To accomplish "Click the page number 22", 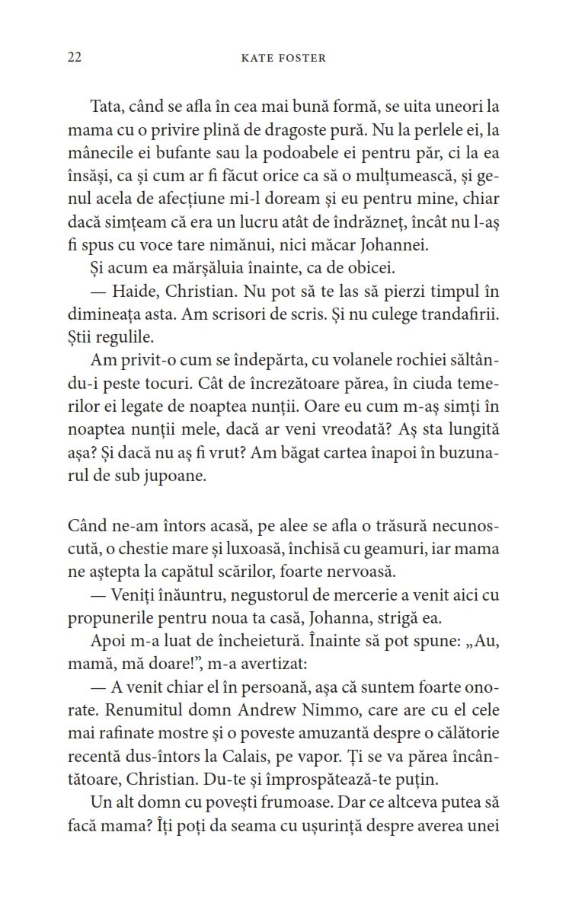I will pyautogui.click(x=75, y=58).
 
